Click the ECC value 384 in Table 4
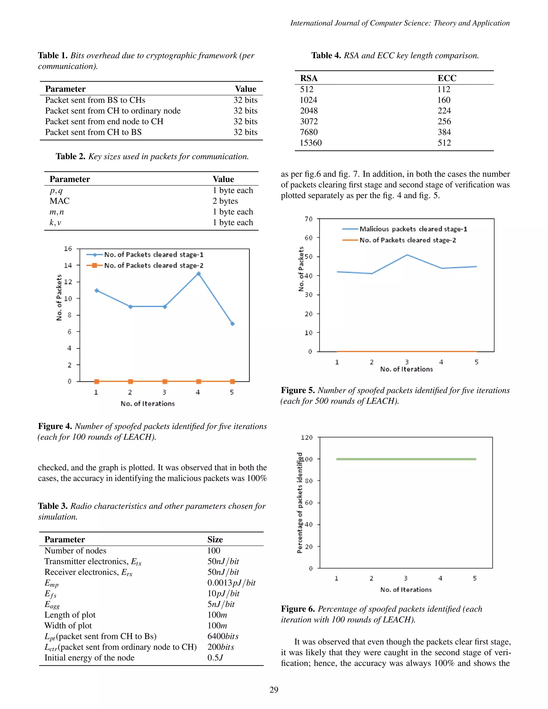point(444,132)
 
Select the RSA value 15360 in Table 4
point(311,143)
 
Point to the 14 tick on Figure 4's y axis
point(68,265)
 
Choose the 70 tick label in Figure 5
point(309,219)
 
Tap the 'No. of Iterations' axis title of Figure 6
point(406,589)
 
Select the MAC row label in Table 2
point(59,201)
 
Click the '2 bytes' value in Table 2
point(225,201)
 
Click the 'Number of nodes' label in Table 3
point(75,551)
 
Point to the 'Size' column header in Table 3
point(215,540)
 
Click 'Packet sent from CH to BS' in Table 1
point(93,132)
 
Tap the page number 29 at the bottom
point(274,689)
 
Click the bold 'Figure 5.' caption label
point(298,390)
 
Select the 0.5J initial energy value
point(215,658)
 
